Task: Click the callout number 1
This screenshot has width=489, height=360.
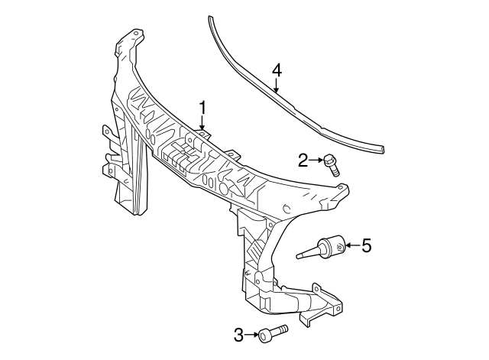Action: pyautogui.click(x=203, y=107)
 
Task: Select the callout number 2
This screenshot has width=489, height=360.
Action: pyautogui.click(x=303, y=160)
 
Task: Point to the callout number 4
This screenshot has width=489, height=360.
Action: pyautogui.click(x=277, y=70)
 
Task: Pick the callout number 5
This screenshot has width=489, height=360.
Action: pyautogui.click(x=366, y=245)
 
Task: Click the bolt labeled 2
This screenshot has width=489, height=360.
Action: pyautogui.click(x=332, y=164)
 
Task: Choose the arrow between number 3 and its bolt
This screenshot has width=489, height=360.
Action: pyautogui.click(x=251, y=334)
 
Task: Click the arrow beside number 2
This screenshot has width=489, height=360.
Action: pyautogui.click(x=316, y=160)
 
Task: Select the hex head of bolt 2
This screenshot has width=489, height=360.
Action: pyautogui.click(x=329, y=160)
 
